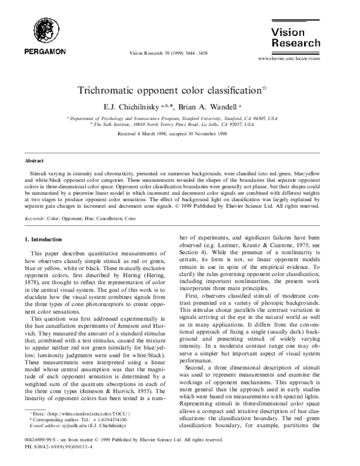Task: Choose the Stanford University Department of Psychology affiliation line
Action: (180, 118)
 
